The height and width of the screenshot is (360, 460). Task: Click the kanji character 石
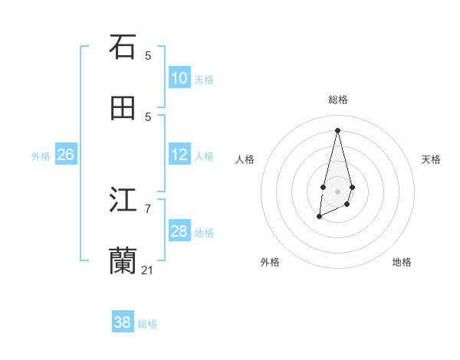tap(123, 47)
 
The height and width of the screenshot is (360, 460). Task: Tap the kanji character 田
tap(123, 109)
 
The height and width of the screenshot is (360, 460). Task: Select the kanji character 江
tap(123, 201)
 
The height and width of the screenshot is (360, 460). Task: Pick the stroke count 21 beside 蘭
tap(148, 270)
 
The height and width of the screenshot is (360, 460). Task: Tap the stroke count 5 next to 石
tap(148, 55)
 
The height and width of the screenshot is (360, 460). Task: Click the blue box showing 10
tap(179, 78)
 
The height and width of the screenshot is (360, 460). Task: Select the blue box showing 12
tap(179, 155)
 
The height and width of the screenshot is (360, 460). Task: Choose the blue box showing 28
tap(179, 231)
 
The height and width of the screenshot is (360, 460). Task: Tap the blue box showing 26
tap(65, 155)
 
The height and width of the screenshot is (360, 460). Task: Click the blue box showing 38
tap(123, 322)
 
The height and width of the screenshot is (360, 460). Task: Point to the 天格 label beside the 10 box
tap(204, 79)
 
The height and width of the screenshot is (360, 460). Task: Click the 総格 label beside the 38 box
tap(147, 323)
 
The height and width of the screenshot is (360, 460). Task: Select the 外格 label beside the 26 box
tap(41, 155)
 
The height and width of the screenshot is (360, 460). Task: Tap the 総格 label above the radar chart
tap(338, 100)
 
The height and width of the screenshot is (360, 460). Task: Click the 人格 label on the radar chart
tap(245, 159)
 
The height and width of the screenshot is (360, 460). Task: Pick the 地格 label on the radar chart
tap(402, 262)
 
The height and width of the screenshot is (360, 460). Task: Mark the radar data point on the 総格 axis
tap(337, 129)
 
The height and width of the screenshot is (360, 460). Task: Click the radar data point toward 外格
tap(320, 217)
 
